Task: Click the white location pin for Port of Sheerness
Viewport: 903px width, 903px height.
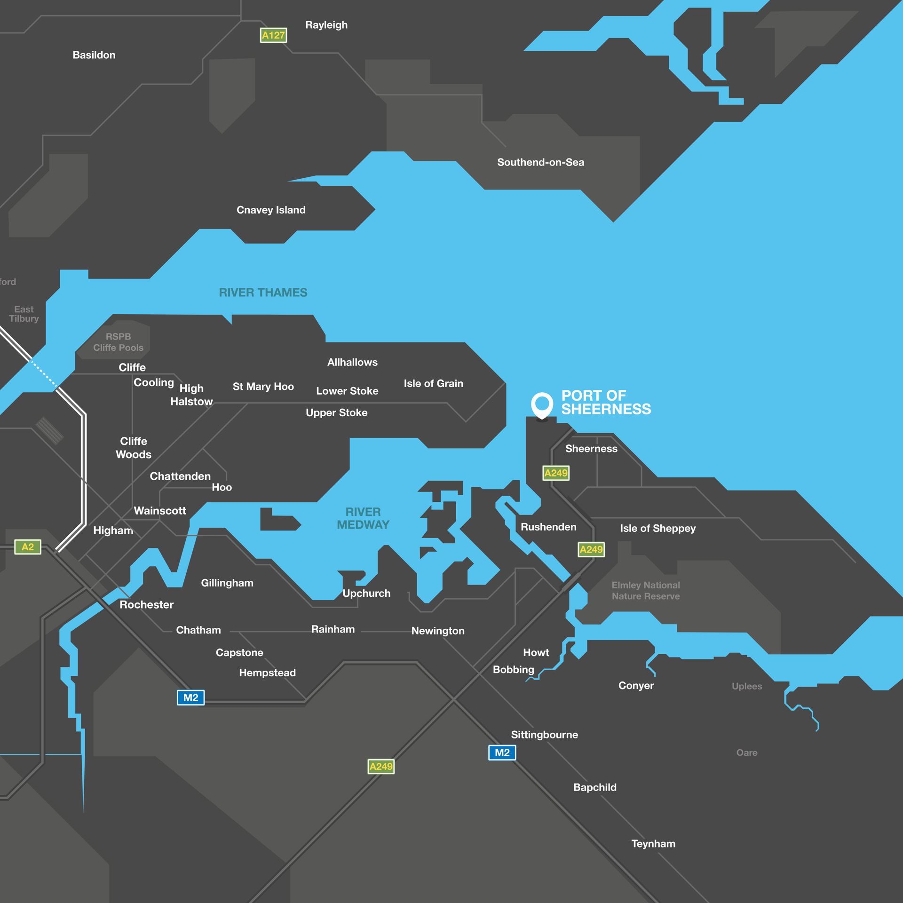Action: coord(542,404)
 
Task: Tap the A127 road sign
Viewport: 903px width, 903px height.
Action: coord(273,35)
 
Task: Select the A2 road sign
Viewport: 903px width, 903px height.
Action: coord(28,547)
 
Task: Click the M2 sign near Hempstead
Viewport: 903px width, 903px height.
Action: coord(190,697)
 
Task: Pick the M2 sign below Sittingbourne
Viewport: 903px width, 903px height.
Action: coord(502,752)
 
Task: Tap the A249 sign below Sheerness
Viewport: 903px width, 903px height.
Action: coord(556,473)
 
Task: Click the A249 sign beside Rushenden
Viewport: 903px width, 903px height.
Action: coord(591,549)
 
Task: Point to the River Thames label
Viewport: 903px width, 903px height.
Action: coord(263,293)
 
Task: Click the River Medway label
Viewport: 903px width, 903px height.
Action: coord(363,518)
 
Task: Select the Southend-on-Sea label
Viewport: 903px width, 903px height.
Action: coord(540,162)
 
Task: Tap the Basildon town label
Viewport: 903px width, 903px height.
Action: coord(94,55)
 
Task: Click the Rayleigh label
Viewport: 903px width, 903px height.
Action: coord(326,25)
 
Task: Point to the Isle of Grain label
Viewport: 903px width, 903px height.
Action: coord(433,383)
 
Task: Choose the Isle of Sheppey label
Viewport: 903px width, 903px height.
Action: coord(657,528)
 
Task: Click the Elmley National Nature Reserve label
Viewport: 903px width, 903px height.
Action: coord(646,591)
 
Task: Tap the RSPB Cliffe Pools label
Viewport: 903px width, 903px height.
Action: coord(118,342)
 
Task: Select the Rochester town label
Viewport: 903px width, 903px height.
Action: coord(146,604)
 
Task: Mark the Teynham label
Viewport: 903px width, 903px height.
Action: coord(653,844)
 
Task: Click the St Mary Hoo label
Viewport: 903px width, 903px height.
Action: coord(263,387)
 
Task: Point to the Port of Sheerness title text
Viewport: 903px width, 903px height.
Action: coord(606,403)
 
